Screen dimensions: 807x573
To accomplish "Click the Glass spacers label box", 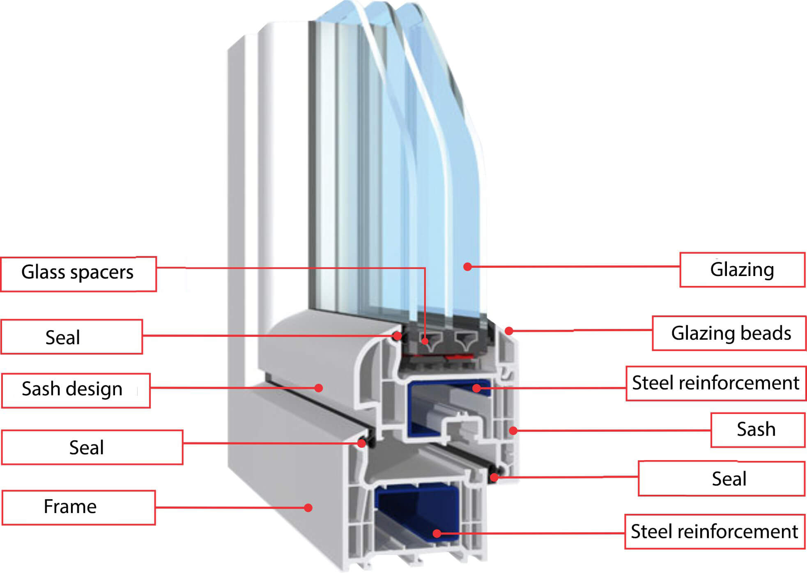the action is (x=78, y=274).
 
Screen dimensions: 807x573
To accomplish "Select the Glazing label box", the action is (x=742, y=269).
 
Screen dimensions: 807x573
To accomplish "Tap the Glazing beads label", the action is (x=729, y=333).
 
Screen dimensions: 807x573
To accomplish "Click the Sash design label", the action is (x=76, y=390).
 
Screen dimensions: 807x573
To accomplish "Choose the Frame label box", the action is (x=78, y=507).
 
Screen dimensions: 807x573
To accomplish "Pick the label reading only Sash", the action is (x=758, y=430).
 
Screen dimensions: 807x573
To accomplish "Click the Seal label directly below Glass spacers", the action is (x=72, y=337).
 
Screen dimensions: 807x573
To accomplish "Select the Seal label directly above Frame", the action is (x=92, y=447).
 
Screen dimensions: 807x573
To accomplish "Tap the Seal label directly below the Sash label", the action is (x=722, y=479).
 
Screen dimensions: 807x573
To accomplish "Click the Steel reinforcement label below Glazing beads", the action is (x=716, y=383).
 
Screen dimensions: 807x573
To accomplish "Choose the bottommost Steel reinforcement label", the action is (x=715, y=532).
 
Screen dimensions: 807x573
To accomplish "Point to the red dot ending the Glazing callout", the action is (x=467, y=267).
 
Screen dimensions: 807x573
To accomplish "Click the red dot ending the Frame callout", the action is (x=308, y=508).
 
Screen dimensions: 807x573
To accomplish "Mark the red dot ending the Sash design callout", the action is (x=319, y=388).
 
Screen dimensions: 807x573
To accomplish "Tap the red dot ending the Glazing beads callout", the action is (x=509, y=331).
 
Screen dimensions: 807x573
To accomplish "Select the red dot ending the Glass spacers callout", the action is (x=425, y=341).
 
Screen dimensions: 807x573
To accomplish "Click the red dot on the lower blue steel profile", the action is (x=437, y=534).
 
